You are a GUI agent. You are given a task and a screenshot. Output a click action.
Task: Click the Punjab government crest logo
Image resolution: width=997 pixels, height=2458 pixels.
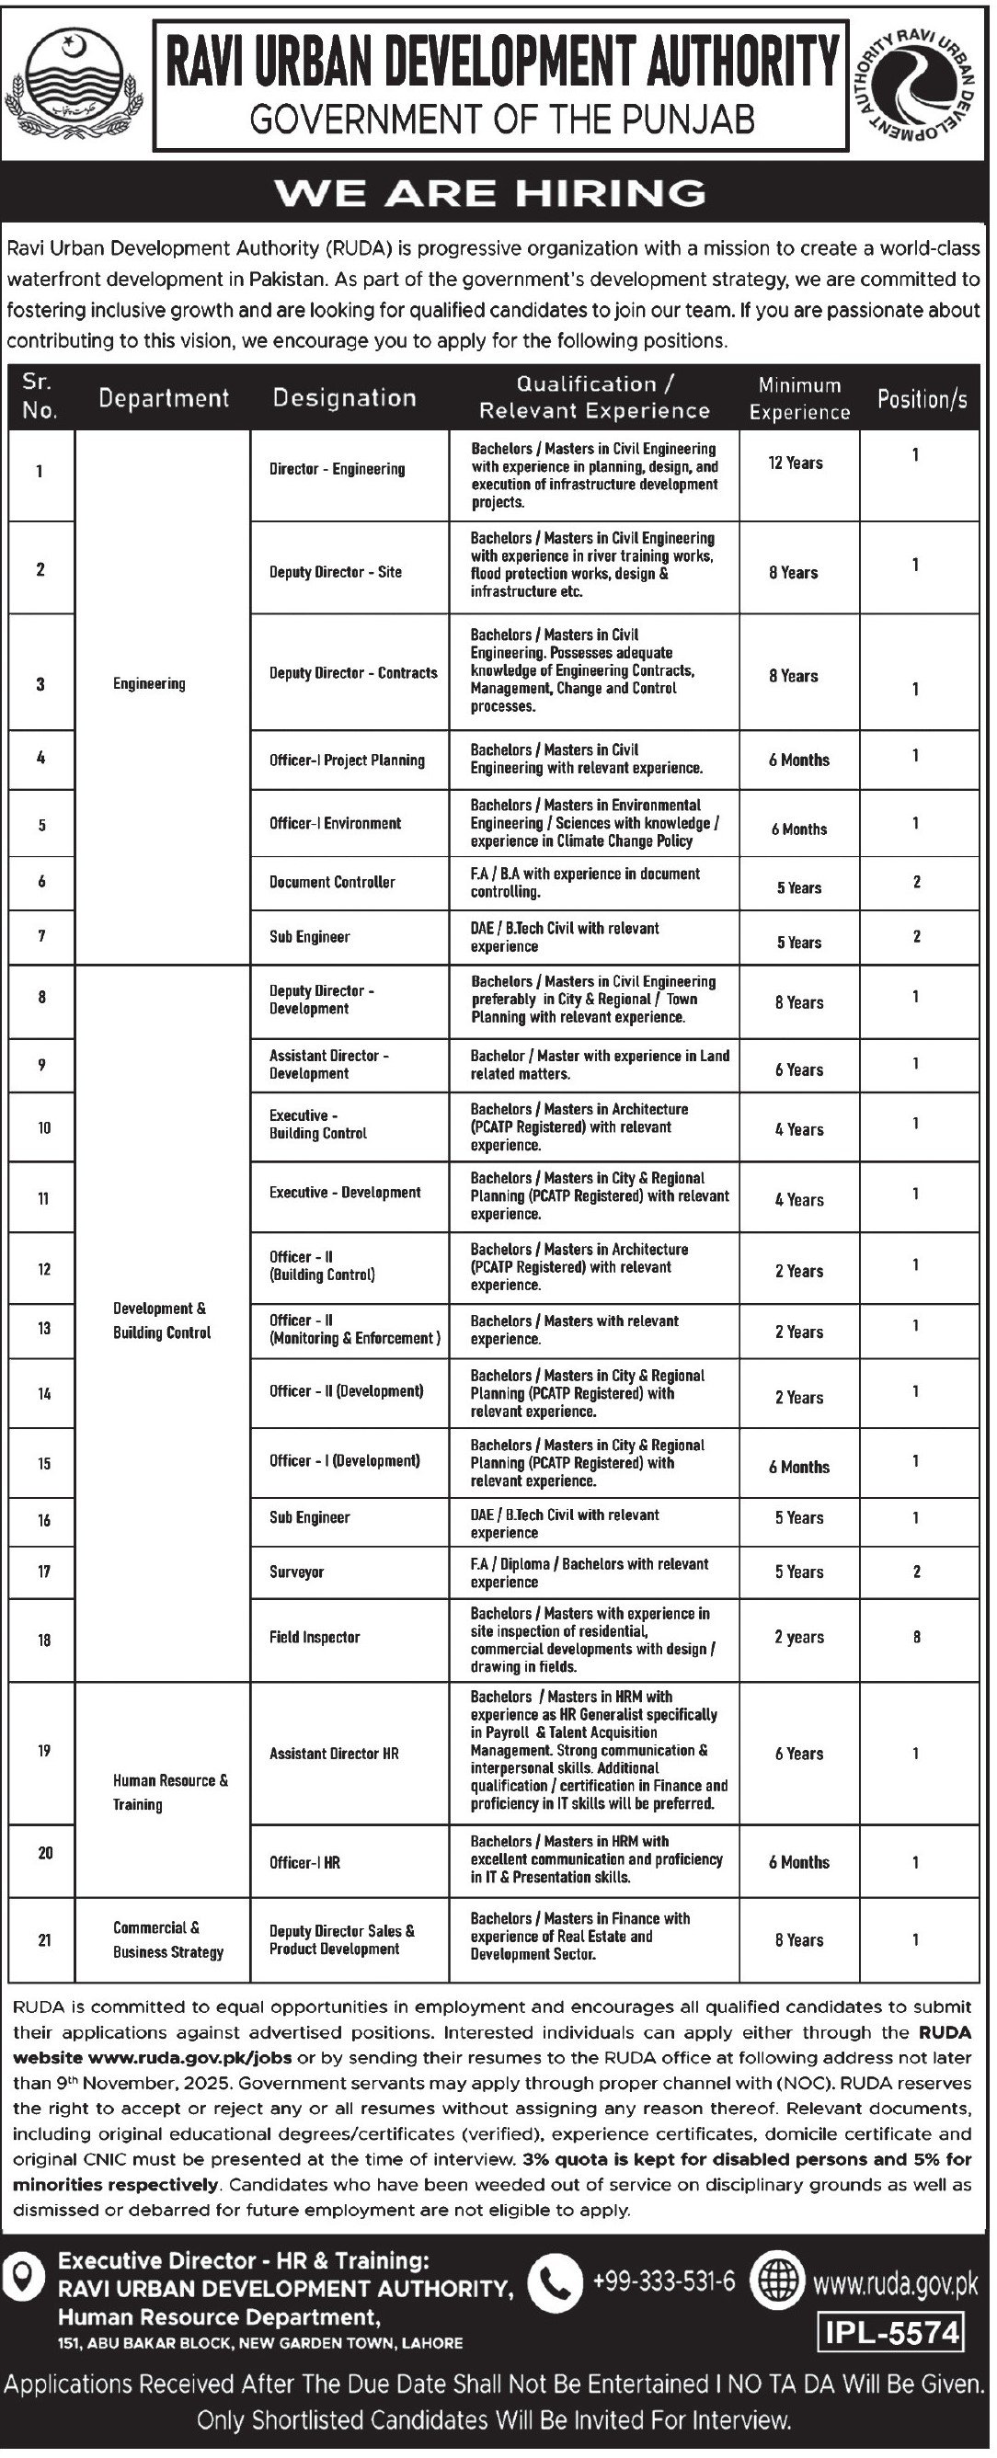(x=74, y=80)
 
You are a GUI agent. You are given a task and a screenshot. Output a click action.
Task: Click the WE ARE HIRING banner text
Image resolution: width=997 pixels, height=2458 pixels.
(x=490, y=194)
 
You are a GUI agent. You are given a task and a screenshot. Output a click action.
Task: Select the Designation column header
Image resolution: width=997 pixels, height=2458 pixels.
(x=344, y=398)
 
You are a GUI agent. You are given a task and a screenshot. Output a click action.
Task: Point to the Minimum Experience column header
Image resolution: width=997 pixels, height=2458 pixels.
(x=798, y=398)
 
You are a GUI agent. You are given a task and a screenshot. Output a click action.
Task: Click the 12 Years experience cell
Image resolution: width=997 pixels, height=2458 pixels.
(x=795, y=463)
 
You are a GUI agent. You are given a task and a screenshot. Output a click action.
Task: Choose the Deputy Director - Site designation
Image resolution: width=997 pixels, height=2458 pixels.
(x=335, y=572)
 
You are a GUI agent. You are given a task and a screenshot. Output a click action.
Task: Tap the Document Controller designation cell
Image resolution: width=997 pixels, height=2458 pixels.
(x=331, y=882)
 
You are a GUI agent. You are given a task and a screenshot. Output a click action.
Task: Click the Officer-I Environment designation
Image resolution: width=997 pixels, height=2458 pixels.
(x=335, y=822)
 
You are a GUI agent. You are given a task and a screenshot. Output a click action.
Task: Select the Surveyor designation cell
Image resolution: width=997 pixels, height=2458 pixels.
(x=296, y=1571)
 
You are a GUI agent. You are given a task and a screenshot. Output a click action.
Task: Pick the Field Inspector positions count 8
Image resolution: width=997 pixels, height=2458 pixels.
(x=916, y=1637)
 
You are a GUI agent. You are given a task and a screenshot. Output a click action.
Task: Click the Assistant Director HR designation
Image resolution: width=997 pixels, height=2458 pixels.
(x=334, y=1753)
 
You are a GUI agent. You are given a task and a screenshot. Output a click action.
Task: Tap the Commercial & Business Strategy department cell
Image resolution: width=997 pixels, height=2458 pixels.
(x=167, y=1939)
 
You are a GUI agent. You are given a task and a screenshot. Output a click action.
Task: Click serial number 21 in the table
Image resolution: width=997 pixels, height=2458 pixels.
(x=44, y=1939)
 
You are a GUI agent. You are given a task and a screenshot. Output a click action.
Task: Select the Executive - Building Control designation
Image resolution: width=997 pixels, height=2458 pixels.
(x=317, y=1124)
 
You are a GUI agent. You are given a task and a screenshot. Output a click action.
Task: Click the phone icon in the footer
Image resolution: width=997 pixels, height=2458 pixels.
(x=555, y=2282)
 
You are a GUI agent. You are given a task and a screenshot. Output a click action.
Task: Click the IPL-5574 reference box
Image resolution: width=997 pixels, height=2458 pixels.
(x=891, y=2333)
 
